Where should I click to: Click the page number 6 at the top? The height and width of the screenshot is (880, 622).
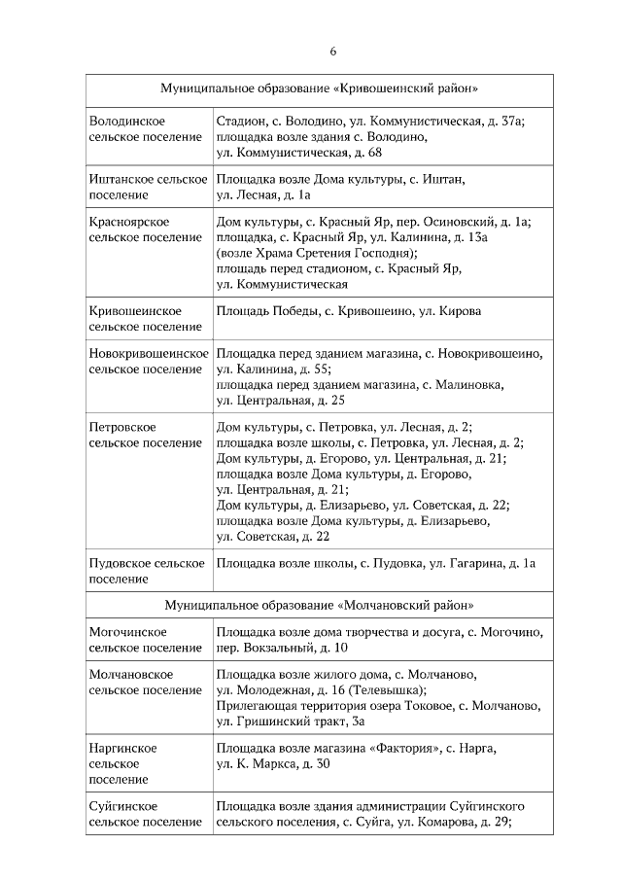[332, 51]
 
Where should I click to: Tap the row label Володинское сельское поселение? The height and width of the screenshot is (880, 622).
[145, 128]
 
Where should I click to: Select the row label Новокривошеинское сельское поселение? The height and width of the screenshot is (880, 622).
[149, 361]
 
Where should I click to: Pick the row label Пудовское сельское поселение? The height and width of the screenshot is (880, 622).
[146, 570]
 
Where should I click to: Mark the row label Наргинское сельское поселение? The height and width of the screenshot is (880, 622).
[123, 763]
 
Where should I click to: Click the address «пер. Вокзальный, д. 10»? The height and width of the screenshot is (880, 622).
[282, 648]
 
